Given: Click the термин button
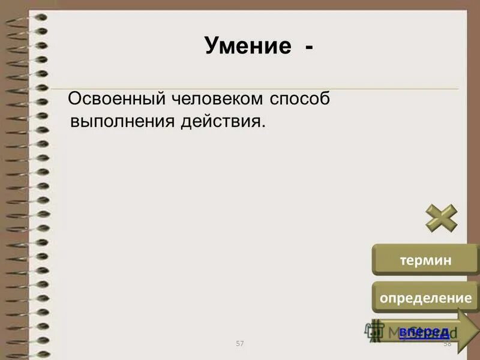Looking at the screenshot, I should point(425,260).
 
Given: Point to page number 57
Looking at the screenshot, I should point(240,343).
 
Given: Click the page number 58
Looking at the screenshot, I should point(446,343).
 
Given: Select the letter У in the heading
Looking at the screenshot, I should point(212,45).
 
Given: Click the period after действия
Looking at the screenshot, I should point(262,125).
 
